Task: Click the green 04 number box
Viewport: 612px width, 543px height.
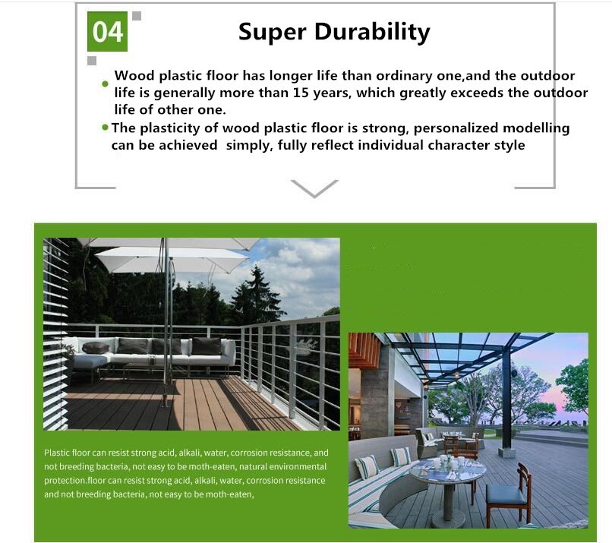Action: (107, 31)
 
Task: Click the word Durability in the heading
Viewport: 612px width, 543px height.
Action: (372, 33)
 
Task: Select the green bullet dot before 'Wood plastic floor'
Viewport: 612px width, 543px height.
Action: (105, 84)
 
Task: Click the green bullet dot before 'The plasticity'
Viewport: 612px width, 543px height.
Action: (105, 128)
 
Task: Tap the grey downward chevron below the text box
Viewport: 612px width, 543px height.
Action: (314, 189)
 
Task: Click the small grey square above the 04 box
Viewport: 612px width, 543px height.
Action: (137, 16)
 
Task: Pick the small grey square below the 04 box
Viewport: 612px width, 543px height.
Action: (92, 61)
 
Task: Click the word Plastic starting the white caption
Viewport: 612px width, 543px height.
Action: (57, 453)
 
